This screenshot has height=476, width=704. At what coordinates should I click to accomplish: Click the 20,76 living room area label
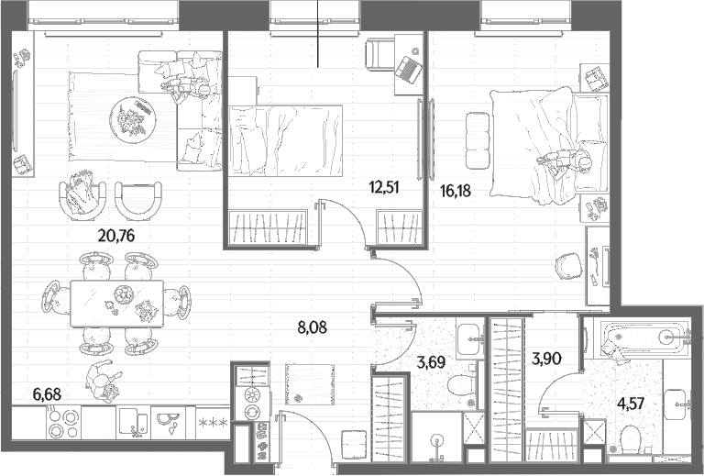click(116, 236)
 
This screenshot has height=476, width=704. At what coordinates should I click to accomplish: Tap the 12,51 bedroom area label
click(384, 187)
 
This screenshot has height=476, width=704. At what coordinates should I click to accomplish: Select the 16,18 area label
click(456, 191)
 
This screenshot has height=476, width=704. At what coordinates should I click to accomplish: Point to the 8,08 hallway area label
click(312, 327)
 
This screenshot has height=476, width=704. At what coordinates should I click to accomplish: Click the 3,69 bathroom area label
click(431, 361)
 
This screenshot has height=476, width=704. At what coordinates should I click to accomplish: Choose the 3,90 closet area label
click(546, 359)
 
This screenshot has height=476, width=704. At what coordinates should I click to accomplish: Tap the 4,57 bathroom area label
click(631, 403)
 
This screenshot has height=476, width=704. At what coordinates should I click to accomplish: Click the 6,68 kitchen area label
click(47, 394)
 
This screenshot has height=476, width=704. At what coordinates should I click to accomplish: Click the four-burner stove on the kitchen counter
click(63, 423)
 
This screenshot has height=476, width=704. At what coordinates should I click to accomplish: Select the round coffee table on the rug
click(132, 120)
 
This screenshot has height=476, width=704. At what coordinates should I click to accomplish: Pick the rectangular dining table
click(116, 304)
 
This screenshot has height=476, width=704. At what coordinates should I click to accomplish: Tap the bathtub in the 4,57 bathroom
click(639, 337)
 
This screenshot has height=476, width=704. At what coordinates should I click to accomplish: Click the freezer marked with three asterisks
click(214, 423)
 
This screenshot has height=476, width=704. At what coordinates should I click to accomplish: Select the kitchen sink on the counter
click(134, 423)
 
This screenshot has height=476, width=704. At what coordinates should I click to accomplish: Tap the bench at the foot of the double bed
click(478, 140)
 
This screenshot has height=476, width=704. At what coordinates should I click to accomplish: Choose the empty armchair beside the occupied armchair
click(138, 201)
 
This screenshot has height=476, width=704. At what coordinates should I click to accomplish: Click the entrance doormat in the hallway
click(310, 384)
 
